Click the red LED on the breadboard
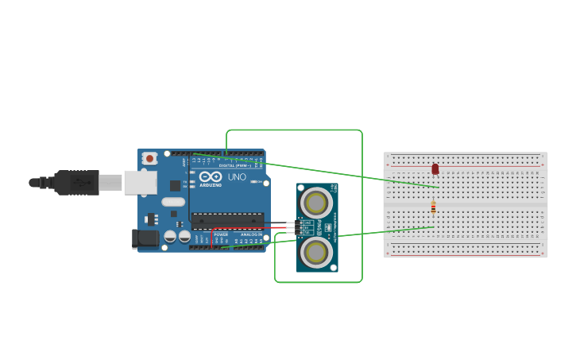tap(435, 168)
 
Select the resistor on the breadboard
tap(433, 207)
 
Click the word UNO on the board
tap(237, 176)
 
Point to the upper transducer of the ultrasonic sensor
tap(316, 202)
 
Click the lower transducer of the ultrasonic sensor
tap(316, 252)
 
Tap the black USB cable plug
tap(76, 182)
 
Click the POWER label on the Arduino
tap(221, 235)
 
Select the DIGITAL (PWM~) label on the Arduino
tap(235, 165)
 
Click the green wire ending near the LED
tap(358, 176)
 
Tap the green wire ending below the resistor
tap(381, 231)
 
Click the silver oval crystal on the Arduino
tap(172, 202)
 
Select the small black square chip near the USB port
tap(175, 185)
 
